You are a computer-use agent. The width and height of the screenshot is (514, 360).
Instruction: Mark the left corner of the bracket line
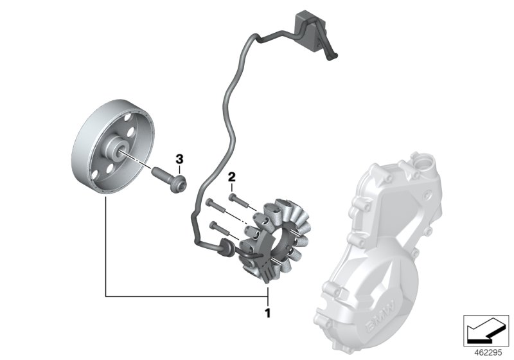click(x=105, y=296)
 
